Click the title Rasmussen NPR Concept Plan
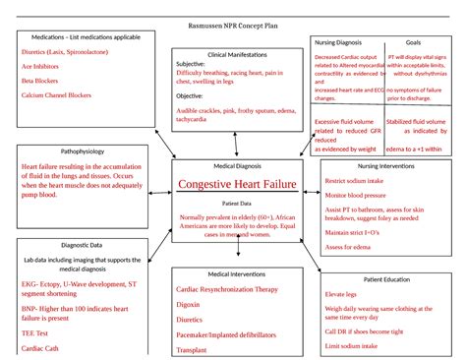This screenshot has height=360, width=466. [x=233, y=22]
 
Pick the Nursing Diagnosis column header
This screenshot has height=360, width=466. [x=339, y=43]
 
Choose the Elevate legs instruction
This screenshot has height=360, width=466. [x=341, y=294]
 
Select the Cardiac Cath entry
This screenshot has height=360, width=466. [x=42, y=348]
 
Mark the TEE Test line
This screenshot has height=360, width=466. [x=36, y=333]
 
